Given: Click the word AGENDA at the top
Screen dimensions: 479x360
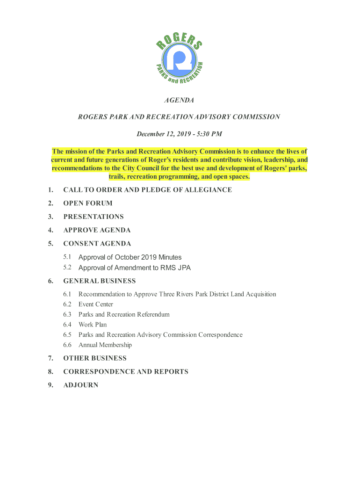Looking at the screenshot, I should point(179,101).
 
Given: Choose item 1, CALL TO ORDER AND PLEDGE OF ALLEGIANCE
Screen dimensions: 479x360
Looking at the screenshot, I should point(147,190).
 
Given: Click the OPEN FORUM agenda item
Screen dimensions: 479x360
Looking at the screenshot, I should point(88,203).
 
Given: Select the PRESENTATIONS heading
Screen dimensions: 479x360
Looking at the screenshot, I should point(94,217).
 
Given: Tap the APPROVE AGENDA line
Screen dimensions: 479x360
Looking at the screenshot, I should point(97,230).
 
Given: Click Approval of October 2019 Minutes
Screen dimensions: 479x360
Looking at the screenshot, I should point(130,257).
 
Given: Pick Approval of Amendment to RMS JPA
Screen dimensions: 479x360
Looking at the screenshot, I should point(135,268).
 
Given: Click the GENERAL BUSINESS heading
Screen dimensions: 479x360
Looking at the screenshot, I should point(100,281).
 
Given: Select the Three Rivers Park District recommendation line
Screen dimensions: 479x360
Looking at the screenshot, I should point(177,294).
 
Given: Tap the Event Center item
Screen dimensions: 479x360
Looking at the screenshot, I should point(96,305).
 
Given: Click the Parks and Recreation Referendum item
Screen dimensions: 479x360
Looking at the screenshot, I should point(124,315).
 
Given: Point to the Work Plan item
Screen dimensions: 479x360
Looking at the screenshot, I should point(93,325).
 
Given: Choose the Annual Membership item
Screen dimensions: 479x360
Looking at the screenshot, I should point(105,345).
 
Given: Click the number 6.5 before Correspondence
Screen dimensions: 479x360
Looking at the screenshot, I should point(67,335).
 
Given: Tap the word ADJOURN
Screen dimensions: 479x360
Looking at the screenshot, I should point(80,385).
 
